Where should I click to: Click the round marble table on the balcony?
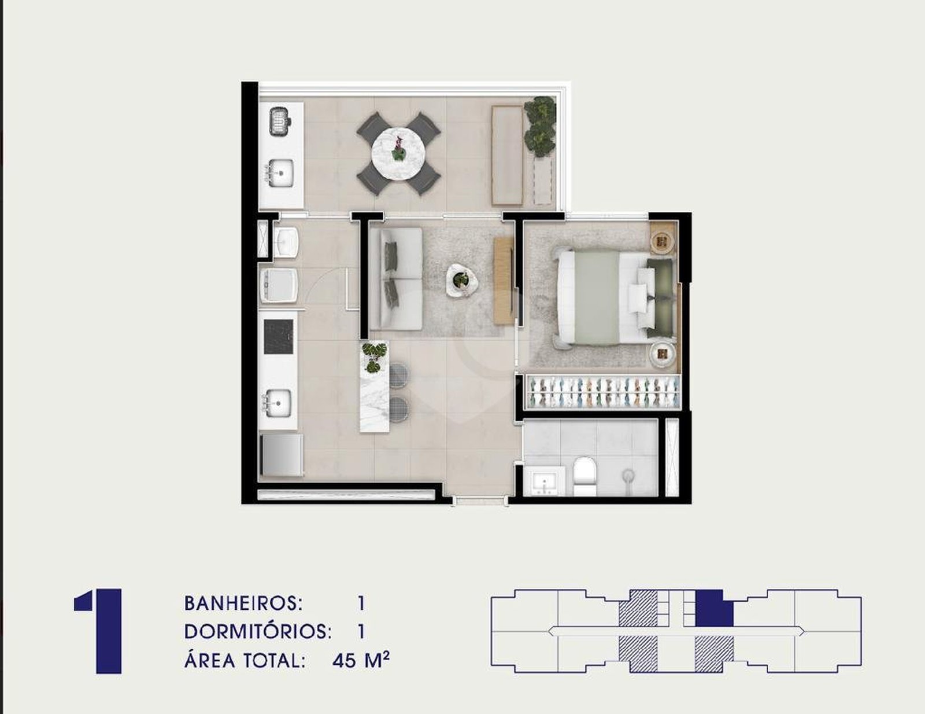click(x=399, y=154)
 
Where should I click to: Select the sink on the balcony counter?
click(x=280, y=173)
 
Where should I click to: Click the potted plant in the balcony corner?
click(x=540, y=127)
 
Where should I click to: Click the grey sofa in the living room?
click(x=395, y=279)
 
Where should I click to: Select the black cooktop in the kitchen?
click(x=279, y=337)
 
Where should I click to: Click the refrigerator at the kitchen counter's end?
click(x=282, y=455)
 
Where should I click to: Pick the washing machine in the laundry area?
click(x=279, y=285)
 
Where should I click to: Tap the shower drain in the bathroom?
click(x=628, y=475)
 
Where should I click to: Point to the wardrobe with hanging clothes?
click(x=601, y=392)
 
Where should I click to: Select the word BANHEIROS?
click(x=243, y=603)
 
